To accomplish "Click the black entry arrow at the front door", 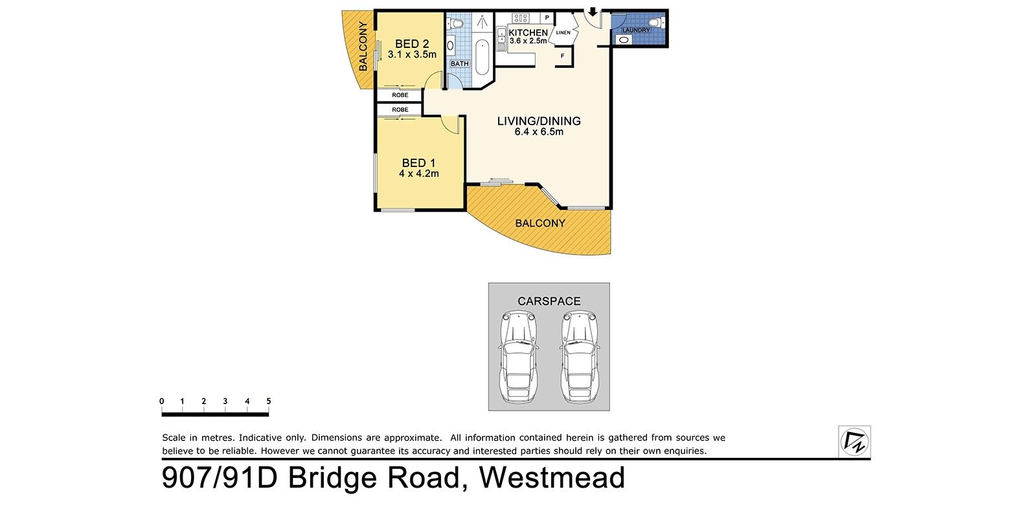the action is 593,12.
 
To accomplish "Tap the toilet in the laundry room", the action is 657,22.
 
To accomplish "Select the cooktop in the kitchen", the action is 520,18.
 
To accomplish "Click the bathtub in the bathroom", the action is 482,57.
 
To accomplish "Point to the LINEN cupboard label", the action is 563,33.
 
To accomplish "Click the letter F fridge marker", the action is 563,56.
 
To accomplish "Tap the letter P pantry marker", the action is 547,18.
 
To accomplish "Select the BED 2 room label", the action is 412,44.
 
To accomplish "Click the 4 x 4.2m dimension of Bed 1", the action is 419,174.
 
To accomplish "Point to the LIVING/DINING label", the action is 539,121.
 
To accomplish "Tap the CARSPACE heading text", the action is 549,301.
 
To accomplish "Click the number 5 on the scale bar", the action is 268,401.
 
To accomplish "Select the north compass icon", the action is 854,442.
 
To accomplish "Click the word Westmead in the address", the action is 552,478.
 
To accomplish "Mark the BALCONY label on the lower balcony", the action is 540,223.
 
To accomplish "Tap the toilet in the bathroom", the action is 456,23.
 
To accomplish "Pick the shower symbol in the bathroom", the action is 482,22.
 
